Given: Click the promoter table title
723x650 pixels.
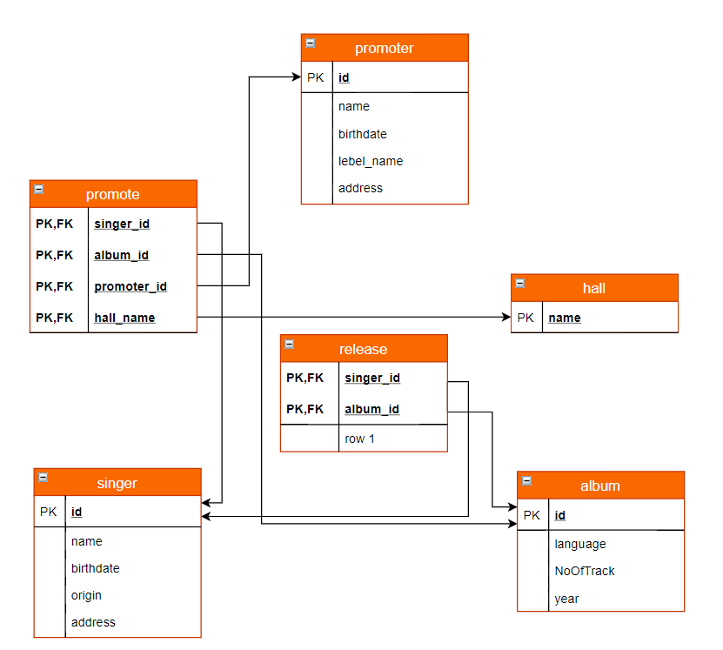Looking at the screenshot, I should (384, 48).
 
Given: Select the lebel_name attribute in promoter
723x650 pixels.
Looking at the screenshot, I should (371, 161).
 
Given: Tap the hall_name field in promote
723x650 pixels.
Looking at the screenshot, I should (124, 318).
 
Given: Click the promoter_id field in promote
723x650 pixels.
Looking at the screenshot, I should (131, 286).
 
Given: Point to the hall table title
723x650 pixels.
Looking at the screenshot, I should (593, 288).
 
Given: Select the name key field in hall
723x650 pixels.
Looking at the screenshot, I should (565, 318).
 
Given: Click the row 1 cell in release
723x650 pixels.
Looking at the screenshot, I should (359, 439).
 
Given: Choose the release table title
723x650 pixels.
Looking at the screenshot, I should (363, 349).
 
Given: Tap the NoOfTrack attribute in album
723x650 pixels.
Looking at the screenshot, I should (585, 571).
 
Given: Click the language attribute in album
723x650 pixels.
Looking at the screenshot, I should (580, 544).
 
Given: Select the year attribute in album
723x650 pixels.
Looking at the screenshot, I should (566, 599).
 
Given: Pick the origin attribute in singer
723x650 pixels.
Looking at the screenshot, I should (86, 595).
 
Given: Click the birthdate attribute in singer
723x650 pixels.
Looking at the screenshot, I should (96, 568).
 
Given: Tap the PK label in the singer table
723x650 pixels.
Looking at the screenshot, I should (49, 512).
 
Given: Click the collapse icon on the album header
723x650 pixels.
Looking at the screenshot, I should (526, 479).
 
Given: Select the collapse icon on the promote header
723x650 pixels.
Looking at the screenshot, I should (38, 189).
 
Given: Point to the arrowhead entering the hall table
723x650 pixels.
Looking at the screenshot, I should (506, 318).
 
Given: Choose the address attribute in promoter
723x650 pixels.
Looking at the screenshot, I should (360, 188).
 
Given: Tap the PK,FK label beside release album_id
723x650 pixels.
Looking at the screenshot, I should (305, 409).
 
